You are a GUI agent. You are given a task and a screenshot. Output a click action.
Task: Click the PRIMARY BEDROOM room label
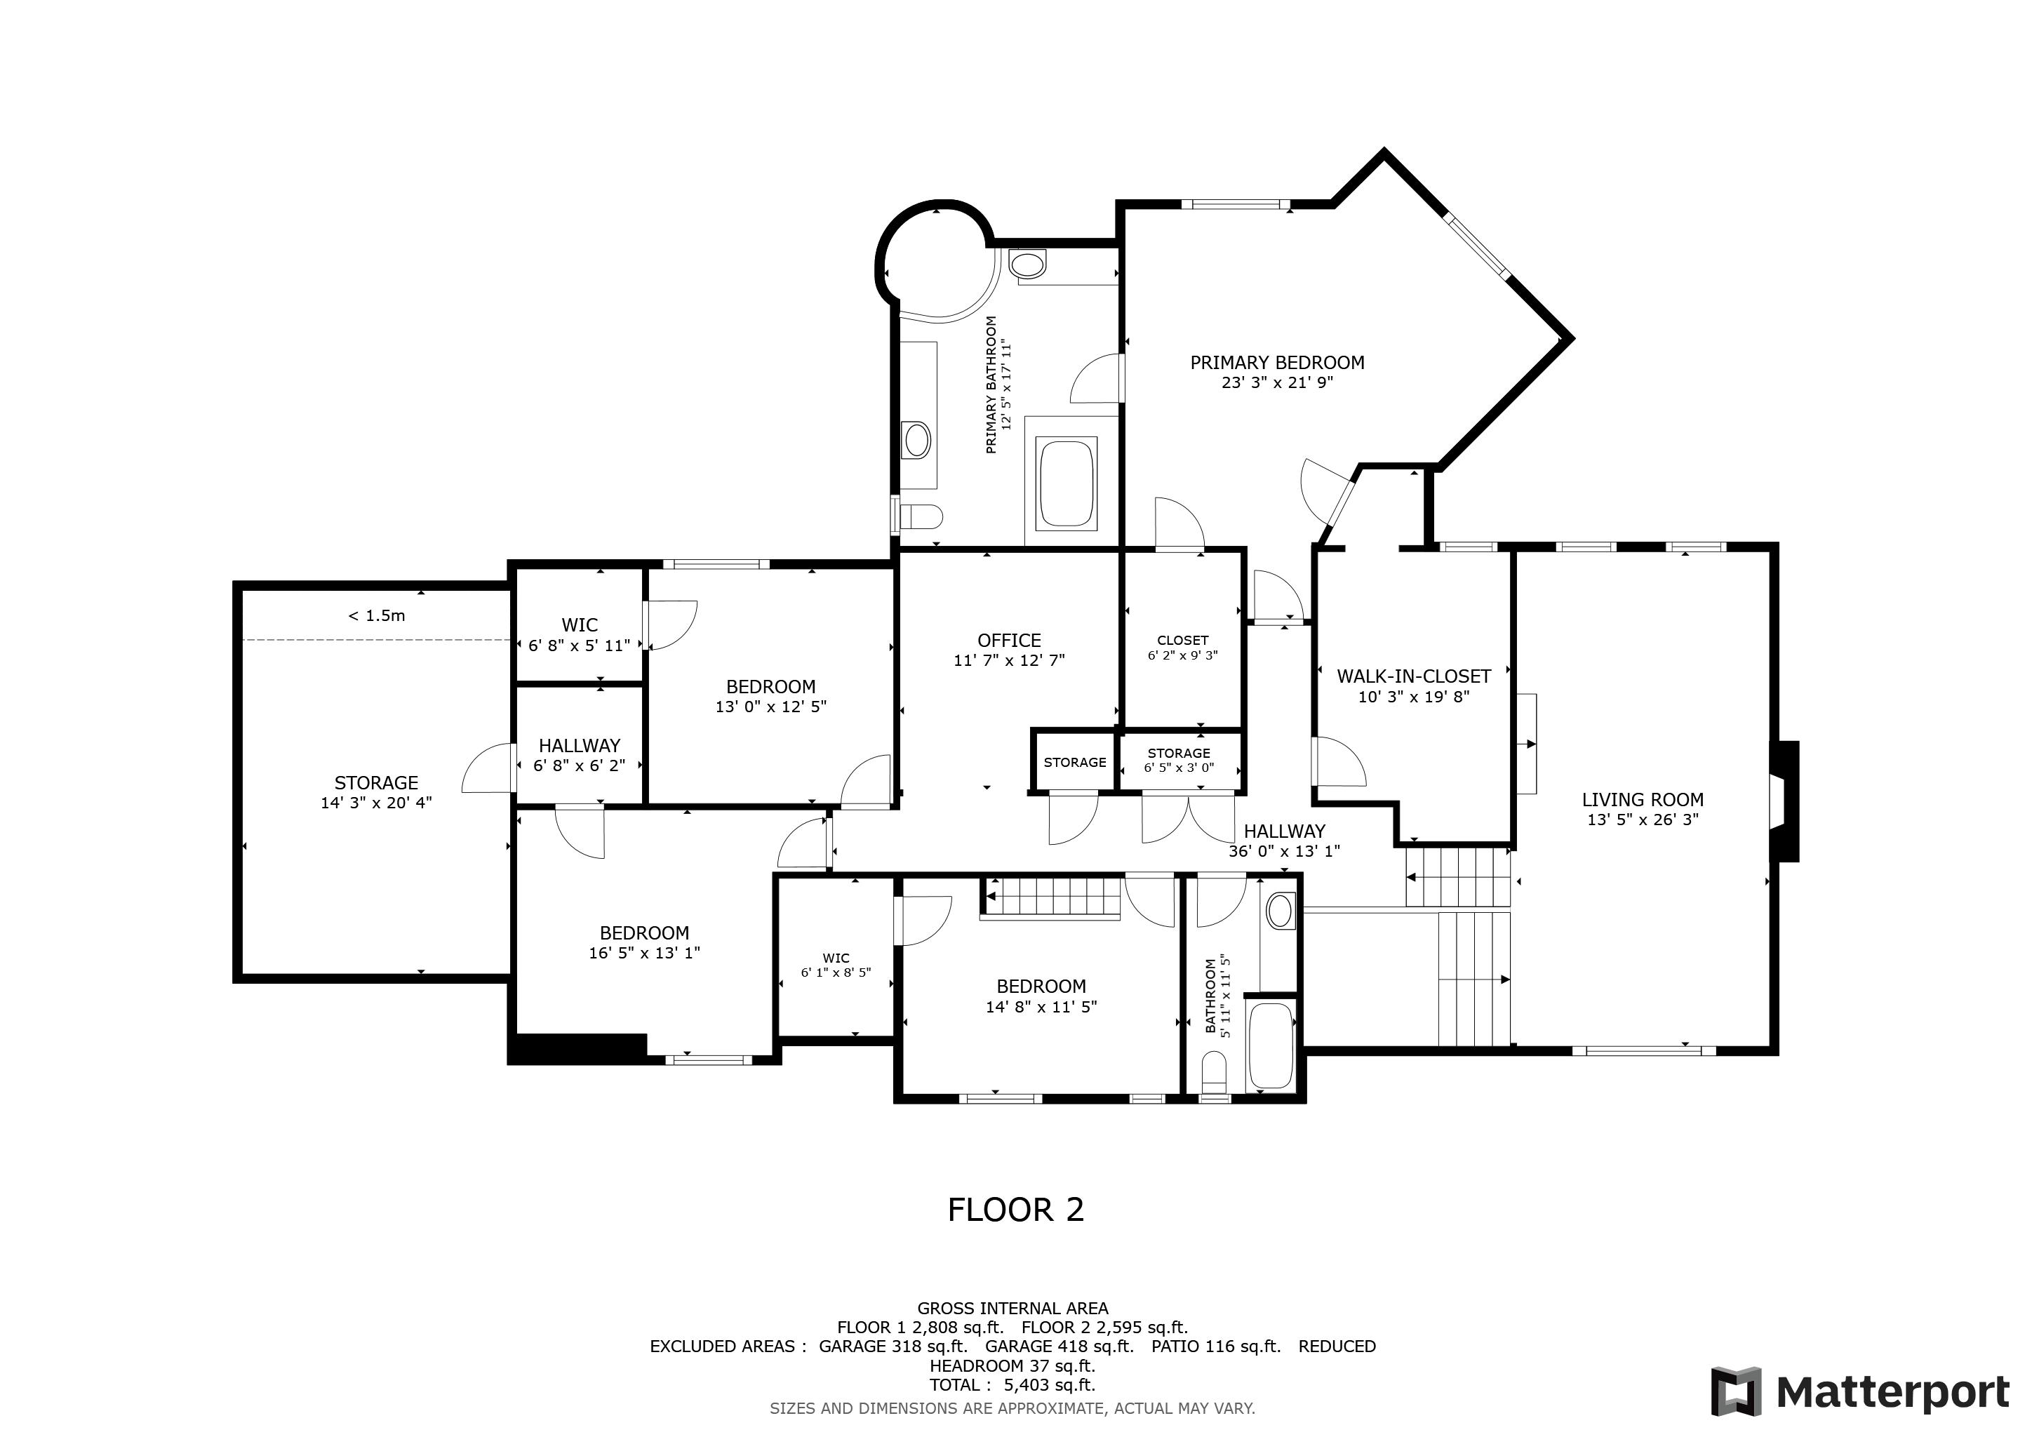[x=1276, y=363]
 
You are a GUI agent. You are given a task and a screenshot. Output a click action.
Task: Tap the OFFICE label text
[x=1009, y=641]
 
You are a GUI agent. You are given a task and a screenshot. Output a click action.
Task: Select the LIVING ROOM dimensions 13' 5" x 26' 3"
[x=1643, y=820]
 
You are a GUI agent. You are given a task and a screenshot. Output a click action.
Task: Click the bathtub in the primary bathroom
[x=1067, y=483]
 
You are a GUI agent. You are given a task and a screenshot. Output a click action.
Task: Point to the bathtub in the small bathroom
[x=1271, y=1045]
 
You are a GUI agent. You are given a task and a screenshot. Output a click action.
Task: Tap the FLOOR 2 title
[x=1015, y=1210]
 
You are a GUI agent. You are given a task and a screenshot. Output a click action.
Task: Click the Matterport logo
[x=1860, y=1392]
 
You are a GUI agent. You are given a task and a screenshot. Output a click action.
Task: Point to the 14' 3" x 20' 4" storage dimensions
[x=376, y=803]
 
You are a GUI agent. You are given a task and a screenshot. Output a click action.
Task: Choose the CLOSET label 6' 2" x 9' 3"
[x=1182, y=648]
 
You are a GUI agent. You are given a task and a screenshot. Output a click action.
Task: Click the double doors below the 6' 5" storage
[x=1189, y=819]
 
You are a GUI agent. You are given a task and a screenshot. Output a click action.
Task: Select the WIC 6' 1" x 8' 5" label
[x=836, y=965]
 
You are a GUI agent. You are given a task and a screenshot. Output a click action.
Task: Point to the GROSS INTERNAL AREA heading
[x=1012, y=1309]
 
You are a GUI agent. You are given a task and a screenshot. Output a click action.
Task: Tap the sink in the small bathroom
[x=1280, y=911]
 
